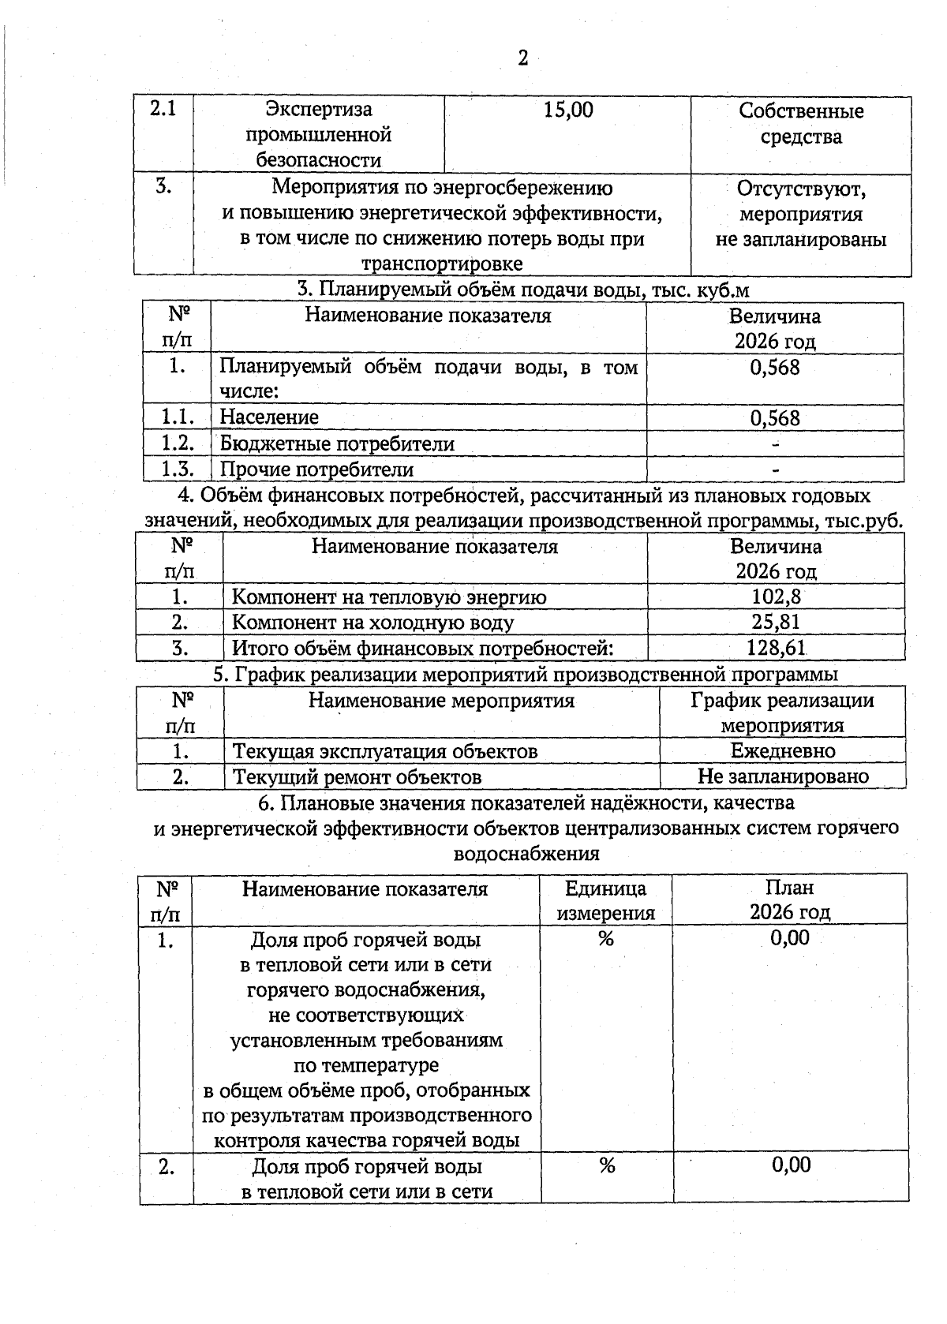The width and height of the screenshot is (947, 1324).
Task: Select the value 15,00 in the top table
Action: pos(568,110)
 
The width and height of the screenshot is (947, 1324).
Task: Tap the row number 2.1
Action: pos(163,109)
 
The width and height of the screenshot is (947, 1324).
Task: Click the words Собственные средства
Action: pos(800,123)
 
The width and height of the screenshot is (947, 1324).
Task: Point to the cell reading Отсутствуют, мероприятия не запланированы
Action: pos(800,214)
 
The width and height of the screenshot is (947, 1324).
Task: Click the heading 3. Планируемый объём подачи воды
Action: pos(522,290)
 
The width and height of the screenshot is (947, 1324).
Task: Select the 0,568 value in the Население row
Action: pos(774,418)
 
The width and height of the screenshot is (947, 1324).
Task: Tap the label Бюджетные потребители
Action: pos(337,443)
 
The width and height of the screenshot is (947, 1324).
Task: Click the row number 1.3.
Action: pos(178,469)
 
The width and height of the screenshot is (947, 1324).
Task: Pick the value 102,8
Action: pos(775,597)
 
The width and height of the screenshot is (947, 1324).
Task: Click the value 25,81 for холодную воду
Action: pos(775,623)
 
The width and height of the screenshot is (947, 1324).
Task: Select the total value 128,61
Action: pos(776,649)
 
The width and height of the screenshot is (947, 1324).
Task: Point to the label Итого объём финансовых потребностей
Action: pos(422,649)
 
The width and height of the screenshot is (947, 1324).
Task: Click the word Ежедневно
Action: pos(782,750)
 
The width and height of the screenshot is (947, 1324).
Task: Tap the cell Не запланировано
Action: pos(782,776)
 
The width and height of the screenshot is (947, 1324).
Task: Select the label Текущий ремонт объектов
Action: pos(357,777)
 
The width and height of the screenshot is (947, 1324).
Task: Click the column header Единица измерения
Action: pos(605,900)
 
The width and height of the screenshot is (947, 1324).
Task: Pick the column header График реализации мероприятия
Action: pos(782,712)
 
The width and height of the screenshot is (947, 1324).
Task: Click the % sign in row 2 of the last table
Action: pos(606,1166)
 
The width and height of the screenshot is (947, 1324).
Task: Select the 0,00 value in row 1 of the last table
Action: pos(790,937)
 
